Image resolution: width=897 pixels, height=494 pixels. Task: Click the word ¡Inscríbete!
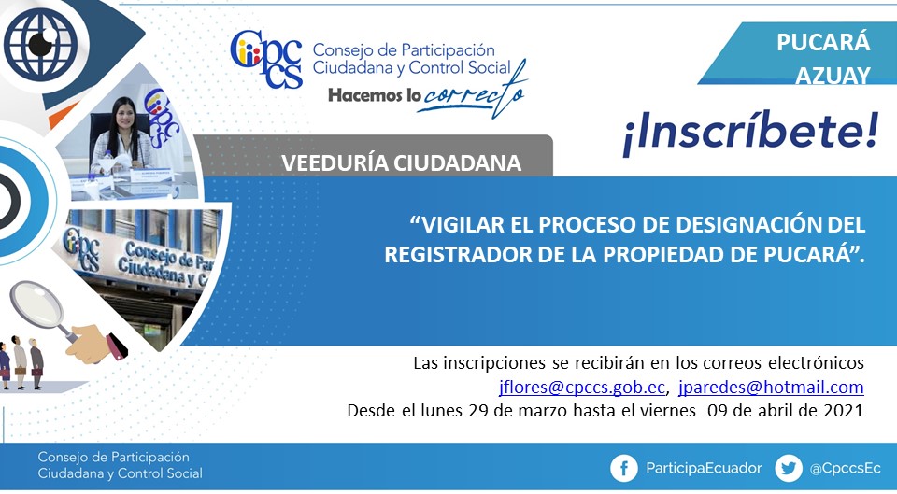tap(750, 132)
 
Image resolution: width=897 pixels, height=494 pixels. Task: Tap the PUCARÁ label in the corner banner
tap(823, 42)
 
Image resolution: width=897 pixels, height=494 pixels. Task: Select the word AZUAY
tap(833, 76)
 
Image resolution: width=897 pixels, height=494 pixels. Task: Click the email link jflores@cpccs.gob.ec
tap(582, 388)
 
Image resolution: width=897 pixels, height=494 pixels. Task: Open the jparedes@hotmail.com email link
tap(771, 388)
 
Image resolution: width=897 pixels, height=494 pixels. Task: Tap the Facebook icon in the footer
tap(623, 468)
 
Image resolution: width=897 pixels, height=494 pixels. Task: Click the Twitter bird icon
tap(789, 468)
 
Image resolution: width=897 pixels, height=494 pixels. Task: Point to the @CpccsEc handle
tap(845, 468)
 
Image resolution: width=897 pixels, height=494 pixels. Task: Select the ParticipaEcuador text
tap(704, 468)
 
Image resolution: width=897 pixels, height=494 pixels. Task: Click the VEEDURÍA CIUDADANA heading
tap(401, 162)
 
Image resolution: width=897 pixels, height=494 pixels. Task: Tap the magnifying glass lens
tap(37, 304)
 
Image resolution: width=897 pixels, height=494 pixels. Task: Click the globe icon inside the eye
tap(40, 44)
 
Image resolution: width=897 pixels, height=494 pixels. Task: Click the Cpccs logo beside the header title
tap(266, 59)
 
